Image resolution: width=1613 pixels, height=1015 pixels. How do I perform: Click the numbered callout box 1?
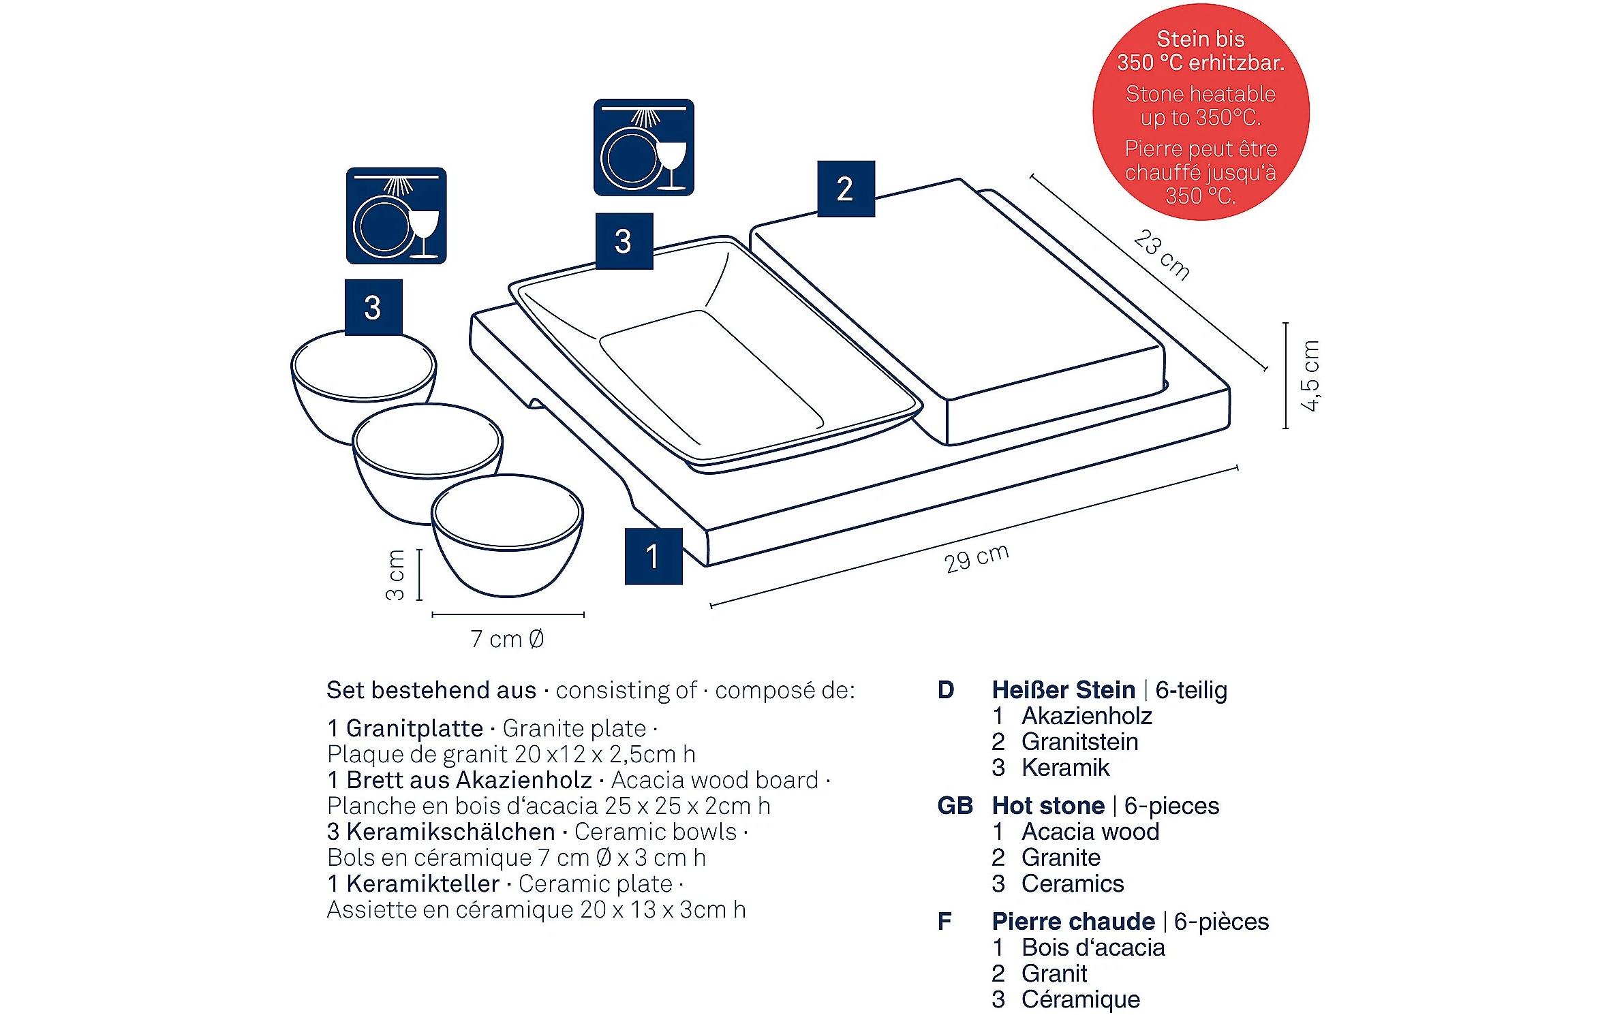click(653, 556)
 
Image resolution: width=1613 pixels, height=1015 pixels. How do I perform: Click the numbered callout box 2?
click(845, 189)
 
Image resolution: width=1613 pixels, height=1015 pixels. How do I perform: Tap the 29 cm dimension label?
click(977, 559)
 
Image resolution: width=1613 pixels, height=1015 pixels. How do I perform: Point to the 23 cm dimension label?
click(1161, 255)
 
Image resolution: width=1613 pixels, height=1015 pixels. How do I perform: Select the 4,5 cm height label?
click(1310, 375)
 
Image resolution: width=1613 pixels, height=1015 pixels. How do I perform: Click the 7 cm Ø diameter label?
click(507, 639)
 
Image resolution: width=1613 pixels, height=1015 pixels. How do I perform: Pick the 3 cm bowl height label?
click(395, 575)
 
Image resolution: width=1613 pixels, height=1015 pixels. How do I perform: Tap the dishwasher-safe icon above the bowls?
click(396, 215)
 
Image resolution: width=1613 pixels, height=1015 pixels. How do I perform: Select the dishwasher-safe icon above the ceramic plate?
click(643, 147)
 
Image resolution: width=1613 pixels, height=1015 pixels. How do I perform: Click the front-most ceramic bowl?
click(507, 535)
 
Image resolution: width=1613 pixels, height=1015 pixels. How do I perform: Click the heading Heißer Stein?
click(1063, 690)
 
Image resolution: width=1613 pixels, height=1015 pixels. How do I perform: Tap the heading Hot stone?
click(1047, 806)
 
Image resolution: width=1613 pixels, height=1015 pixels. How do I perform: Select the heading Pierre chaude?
click(1073, 922)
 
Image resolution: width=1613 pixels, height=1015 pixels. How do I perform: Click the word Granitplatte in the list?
click(414, 728)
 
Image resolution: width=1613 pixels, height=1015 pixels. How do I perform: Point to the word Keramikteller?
click(423, 884)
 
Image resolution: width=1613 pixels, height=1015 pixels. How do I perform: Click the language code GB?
click(954, 806)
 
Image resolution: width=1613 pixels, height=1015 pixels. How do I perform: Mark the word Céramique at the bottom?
click(1080, 999)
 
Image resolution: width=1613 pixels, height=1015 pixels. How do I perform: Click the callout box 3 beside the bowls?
click(373, 307)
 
